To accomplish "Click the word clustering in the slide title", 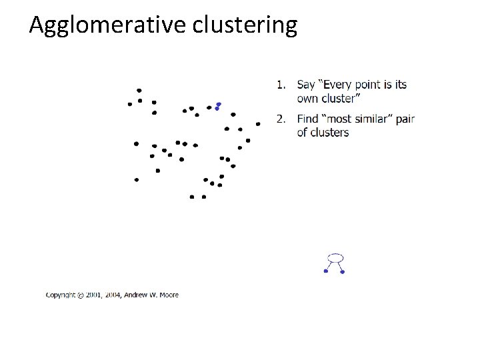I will click(245, 26).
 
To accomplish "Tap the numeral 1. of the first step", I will click(282, 85).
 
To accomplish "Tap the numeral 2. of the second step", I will click(282, 119).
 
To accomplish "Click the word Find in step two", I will click(308, 119).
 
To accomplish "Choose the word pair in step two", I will click(405, 120).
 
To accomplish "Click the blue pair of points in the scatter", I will click(217, 106).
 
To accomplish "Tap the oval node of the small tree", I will click(337, 257).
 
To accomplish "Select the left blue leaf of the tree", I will click(325, 271).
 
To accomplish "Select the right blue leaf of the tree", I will click(342, 272).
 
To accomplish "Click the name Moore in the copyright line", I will click(169, 295).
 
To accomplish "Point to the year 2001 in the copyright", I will click(96, 295).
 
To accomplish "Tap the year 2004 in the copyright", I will click(116, 295).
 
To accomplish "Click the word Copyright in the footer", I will click(61, 295).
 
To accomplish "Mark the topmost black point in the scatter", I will click(139, 90).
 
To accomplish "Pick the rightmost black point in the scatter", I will click(258, 124).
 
